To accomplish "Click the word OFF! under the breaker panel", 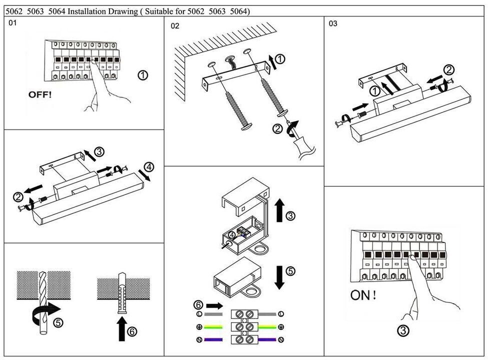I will [x=39, y=94].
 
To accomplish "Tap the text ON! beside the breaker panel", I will [x=363, y=295].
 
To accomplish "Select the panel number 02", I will [x=175, y=26].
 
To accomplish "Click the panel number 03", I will [x=333, y=23].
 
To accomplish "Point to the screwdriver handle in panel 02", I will [x=303, y=146].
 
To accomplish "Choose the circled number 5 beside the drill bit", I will [x=58, y=323].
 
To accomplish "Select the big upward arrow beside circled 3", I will [x=279, y=209].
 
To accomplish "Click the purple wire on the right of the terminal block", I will [x=267, y=340].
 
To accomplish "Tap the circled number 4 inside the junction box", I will [x=231, y=234].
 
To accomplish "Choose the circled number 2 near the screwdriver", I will [x=277, y=129].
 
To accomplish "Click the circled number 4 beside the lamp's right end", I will [x=148, y=167].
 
